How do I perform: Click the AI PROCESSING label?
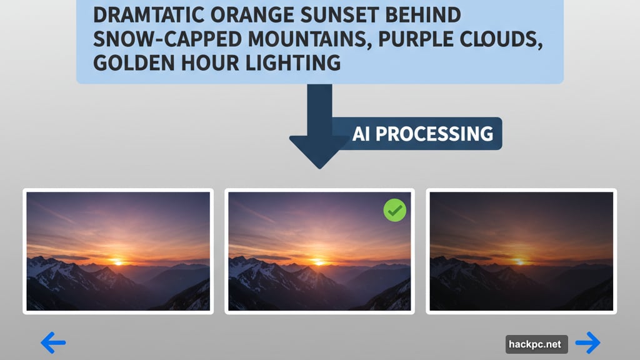tap(422, 134)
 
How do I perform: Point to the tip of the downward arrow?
tap(319, 166)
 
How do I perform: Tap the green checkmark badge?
tap(394, 211)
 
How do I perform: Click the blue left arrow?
tap(53, 342)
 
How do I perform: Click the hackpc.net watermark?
tap(536, 344)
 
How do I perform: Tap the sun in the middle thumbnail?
tap(318, 261)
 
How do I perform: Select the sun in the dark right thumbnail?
tap(519, 261)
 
